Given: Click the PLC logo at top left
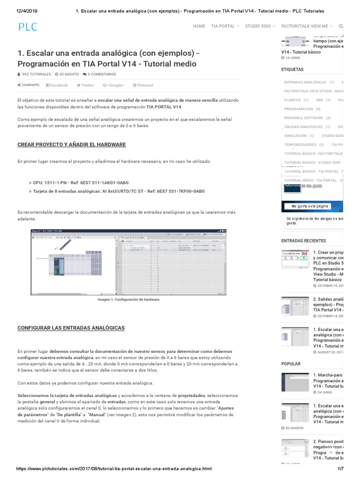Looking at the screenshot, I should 28,27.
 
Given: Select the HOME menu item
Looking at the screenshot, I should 199,26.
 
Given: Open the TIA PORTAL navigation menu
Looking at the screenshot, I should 225,26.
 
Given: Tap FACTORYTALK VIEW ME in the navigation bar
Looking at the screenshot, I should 307,26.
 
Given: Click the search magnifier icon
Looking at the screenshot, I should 340,26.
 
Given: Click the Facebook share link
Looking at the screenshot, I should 57,85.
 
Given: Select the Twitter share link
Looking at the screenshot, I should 85,85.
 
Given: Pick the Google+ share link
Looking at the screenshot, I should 113,85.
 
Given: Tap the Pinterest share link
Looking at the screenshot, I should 143,85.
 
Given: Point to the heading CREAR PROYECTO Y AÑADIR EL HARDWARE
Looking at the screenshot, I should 71,144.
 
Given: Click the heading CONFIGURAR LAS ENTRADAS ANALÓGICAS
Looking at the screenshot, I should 71,328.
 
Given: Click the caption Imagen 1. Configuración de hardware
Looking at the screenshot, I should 128,299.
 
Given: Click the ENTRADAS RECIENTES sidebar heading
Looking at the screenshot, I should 303,240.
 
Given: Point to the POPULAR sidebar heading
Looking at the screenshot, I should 291,364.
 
